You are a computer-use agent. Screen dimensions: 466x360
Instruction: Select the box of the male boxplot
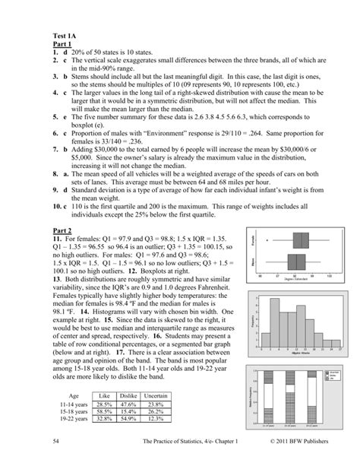pyautogui.click(x=291, y=261)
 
